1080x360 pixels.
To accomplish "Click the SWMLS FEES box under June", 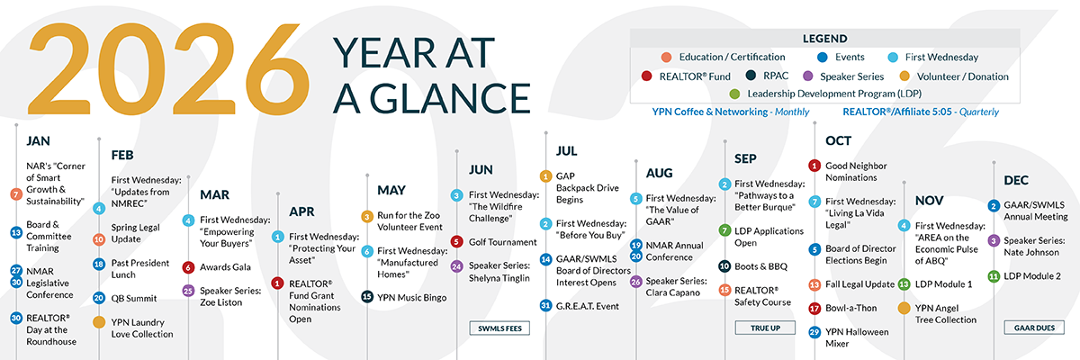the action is tap(499, 328).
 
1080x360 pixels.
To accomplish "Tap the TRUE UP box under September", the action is tap(765, 328).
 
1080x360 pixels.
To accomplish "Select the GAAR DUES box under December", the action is tap(1034, 328).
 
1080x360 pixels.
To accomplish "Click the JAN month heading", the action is tap(38, 140).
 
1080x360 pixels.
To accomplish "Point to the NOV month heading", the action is tap(929, 201).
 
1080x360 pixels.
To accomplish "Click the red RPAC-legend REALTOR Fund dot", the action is tap(647, 76).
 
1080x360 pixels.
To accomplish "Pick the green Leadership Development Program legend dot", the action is tap(734, 94).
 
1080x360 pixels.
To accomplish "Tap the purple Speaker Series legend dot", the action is tap(807, 76).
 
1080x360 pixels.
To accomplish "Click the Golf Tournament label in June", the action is tap(502, 242).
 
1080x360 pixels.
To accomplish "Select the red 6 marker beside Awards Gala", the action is tap(188, 267).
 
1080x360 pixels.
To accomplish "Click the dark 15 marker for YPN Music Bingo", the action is tap(367, 296).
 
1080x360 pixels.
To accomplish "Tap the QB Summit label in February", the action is tap(133, 298).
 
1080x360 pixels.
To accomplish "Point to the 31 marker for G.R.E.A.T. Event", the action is tap(545, 305).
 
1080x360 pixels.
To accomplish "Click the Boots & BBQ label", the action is tap(760, 266).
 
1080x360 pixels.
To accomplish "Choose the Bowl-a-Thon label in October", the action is tap(851, 308).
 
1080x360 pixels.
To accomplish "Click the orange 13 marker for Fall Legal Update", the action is tap(814, 284).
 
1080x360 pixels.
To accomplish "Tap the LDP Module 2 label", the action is tap(1032, 276).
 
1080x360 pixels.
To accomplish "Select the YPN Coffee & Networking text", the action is tap(710, 112).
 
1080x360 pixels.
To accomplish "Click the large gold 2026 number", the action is tap(168, 69).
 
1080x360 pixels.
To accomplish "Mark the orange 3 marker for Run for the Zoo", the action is tap(367, 216).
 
